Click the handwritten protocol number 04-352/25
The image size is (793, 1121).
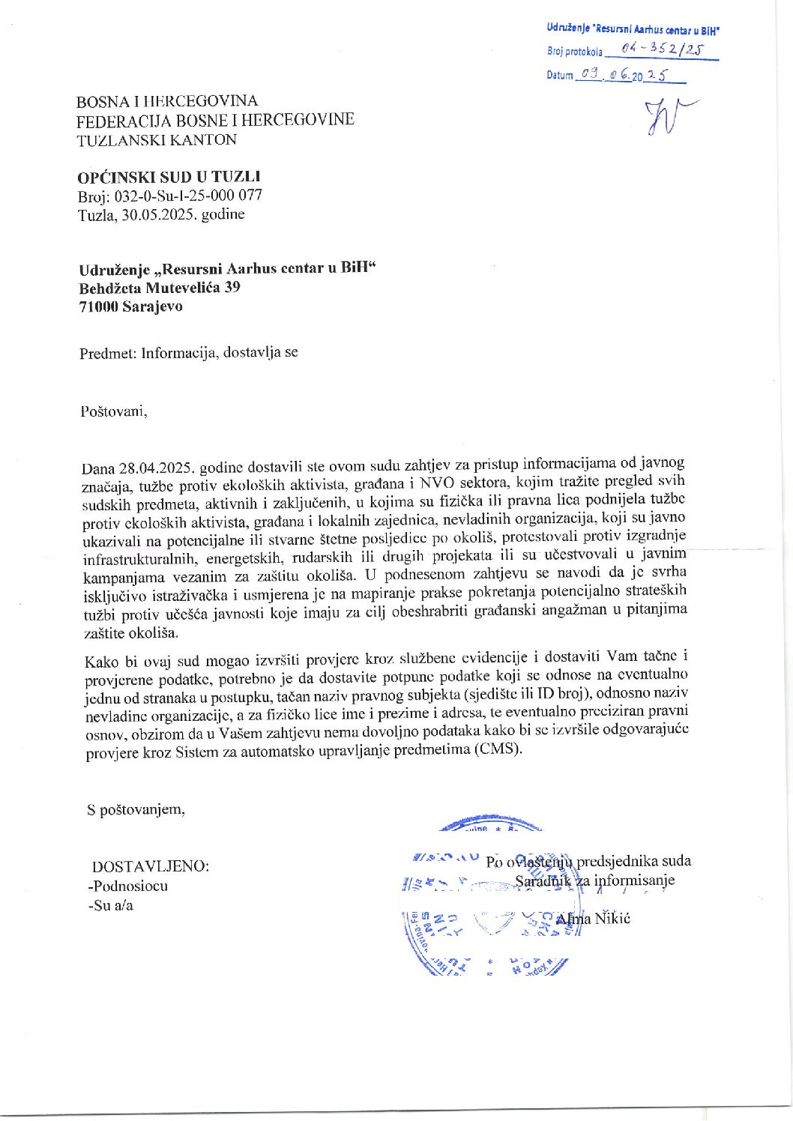(660, 50)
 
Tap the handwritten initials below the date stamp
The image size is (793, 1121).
(667, 116)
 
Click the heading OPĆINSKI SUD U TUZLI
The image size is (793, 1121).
(169, 177)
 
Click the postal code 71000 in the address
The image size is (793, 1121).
(98, 306)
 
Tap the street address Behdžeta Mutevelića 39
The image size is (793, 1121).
(160, 287)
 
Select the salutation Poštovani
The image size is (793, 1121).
(113, 411)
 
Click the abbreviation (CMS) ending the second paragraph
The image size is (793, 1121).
(497, 749)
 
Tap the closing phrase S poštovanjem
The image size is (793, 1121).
(136, 809)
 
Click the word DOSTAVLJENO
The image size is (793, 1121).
(150, 866)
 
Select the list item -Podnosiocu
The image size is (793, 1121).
(128, 886)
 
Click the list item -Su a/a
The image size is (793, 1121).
(111, 905)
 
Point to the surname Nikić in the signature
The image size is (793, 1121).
(612, 918)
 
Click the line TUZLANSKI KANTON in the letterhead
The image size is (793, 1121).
(157, 139)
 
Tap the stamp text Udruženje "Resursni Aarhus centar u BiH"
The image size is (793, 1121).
(633, 29)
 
